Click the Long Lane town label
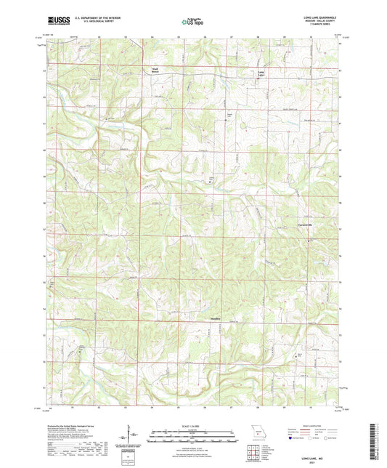[262, 73]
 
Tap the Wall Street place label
[154, 71]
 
